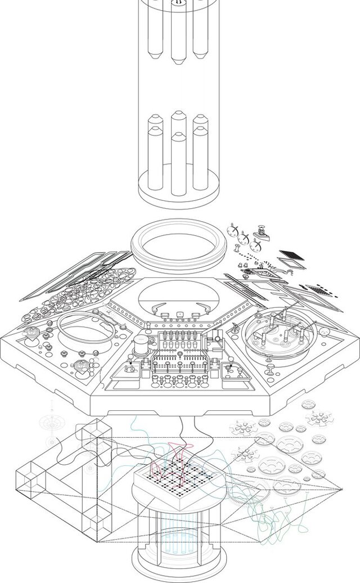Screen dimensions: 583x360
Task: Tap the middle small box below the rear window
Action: pos(179,314)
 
